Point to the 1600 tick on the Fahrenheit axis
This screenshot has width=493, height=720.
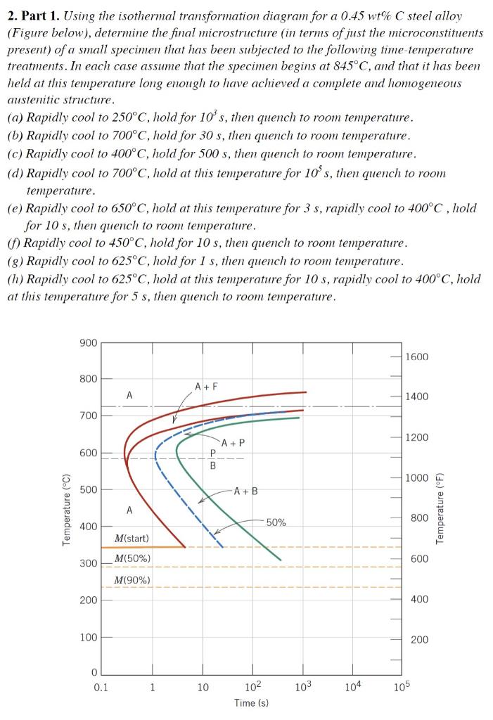416,357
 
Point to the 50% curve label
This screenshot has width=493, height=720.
276,522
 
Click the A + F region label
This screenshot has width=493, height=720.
206,386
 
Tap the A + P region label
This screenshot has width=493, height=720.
233,443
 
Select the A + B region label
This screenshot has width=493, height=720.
245,491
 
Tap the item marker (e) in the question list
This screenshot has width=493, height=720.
14,209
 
